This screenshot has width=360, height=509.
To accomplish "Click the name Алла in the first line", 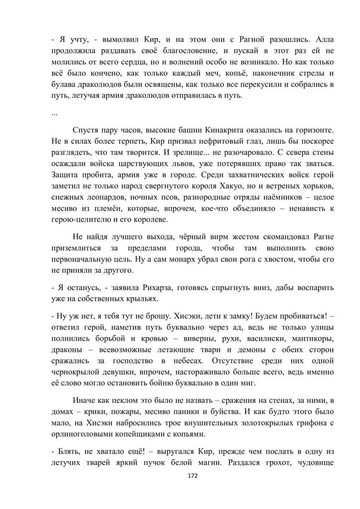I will click(x=324, y=39).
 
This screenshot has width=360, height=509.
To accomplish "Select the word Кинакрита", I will click(x=225, y=130).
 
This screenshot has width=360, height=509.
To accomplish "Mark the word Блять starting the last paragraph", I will click(x=67, y=451).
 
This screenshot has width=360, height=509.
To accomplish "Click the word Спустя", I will click(x=85, y=130).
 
